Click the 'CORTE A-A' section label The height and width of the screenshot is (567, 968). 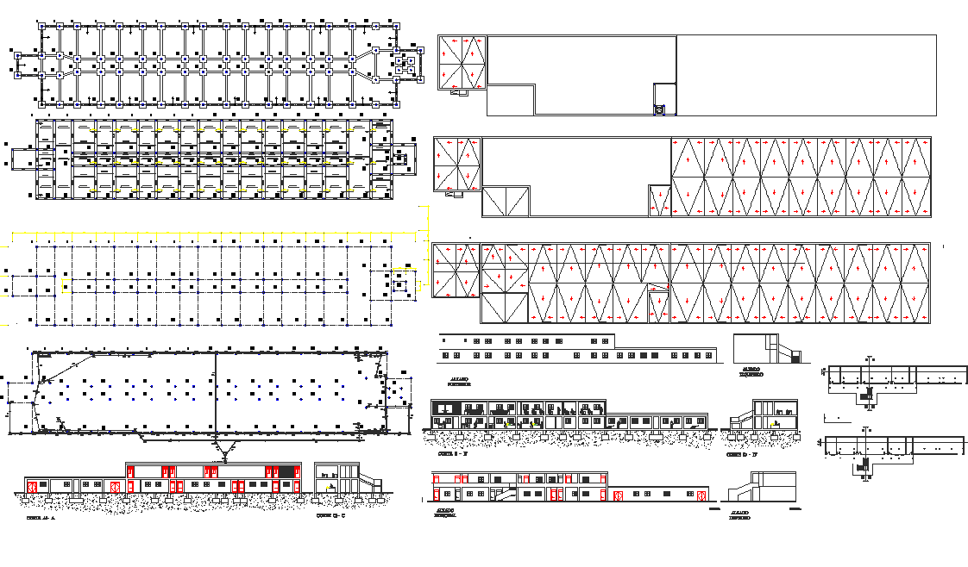(x=41, y=519)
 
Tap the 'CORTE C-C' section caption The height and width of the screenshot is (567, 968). (x=330, y=516)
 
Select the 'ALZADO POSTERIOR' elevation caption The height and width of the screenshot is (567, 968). (x=459, y=381)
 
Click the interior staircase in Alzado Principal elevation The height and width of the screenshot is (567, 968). (x=507, y=492)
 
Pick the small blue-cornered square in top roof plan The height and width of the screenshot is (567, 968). (x=660, y=109)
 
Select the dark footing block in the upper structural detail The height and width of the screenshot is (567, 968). (x=869, y=392)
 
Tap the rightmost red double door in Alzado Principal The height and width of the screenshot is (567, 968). (x=618, y=495)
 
